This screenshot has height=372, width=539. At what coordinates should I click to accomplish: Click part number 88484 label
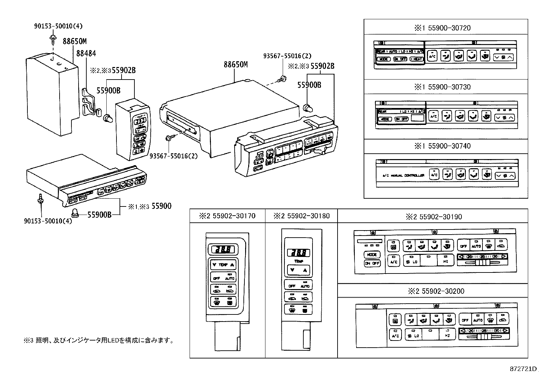[x=86, y=53]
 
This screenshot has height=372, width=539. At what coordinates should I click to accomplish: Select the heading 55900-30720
[x=443, y=28]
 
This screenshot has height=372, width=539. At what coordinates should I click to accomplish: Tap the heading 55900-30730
[x=443, y=87]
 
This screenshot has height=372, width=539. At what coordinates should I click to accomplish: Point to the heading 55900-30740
[x=443, y=146]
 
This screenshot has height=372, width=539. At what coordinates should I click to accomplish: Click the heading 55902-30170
[x=227, y=216]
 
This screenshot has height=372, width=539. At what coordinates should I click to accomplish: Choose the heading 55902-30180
[x=301, y=216]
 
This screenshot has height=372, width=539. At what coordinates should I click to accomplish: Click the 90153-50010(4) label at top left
[x=58, y=26]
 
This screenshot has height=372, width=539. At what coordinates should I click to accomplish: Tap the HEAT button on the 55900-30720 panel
[x=416, y=59]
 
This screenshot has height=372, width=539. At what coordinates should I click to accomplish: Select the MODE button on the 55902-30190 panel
[x=372, y=255]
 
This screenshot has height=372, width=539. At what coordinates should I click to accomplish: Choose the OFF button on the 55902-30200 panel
[x=465, y=320]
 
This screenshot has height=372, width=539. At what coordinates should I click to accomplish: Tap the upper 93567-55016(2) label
[x=287, y=56]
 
